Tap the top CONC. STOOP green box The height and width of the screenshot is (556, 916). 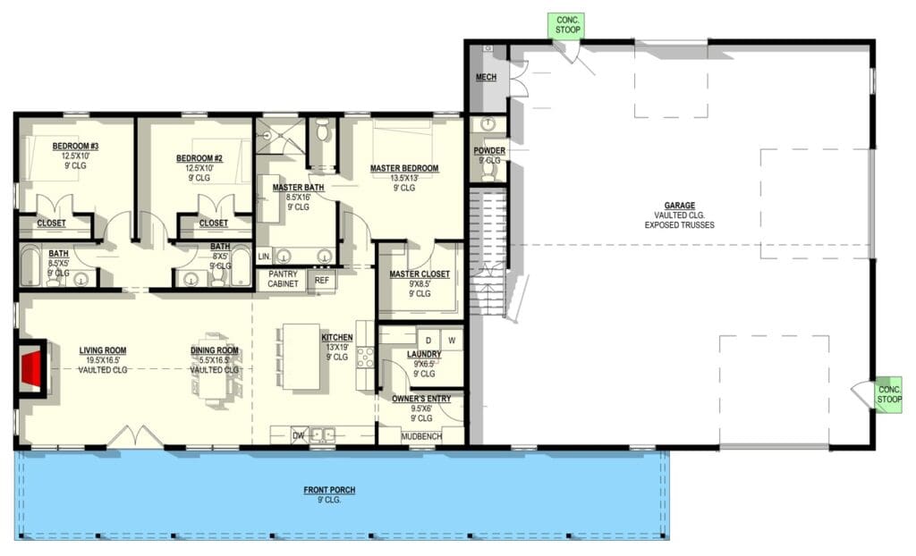click(568, 24)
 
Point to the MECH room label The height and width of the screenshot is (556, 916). click(486, 78)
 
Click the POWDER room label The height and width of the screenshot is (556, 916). click(489, 151)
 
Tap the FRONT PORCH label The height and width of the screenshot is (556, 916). click(327, 490)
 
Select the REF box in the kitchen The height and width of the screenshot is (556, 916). click(321, 281)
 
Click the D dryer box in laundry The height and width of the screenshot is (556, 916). click(428, 340)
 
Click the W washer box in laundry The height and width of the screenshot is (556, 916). click(452, 340)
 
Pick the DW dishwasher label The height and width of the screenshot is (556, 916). click(299, 435)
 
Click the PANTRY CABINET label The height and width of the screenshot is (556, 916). click(283, 279)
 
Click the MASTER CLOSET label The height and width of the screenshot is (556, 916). click(420, 274)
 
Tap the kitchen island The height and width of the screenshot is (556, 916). click(301, 356)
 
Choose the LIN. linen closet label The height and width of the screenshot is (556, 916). click(264, 257)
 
